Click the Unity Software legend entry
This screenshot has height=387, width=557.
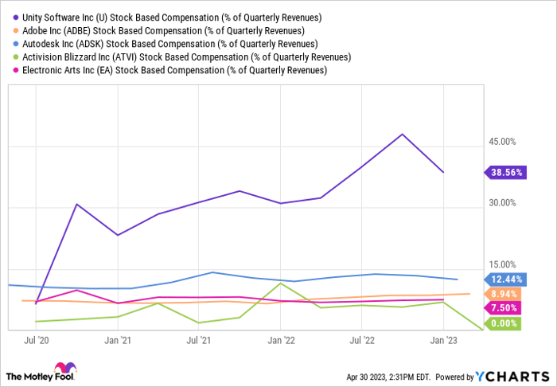[171, 17]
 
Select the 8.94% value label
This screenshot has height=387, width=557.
[502, 294]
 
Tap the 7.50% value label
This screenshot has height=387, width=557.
[502, 308]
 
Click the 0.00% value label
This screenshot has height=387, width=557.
[502, 323]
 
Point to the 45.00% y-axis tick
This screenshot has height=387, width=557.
[502, 142]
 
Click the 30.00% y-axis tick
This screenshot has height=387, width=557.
[502, 203]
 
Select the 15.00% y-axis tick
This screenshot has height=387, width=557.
[502, 264]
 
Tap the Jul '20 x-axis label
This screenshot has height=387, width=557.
[37, 340]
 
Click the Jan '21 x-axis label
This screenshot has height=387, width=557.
[117, 340]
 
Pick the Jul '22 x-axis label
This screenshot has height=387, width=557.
[362, 340]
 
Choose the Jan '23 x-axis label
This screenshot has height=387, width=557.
[443, 340]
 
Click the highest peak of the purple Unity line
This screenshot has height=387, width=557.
[403, 134]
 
